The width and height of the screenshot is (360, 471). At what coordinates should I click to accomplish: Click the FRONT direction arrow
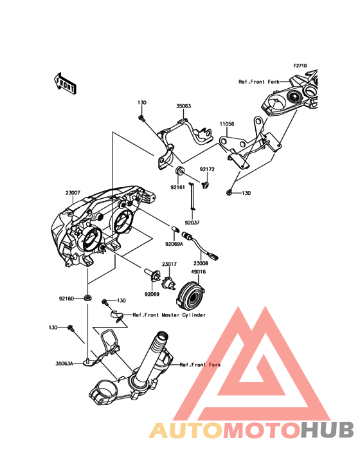[65, 83]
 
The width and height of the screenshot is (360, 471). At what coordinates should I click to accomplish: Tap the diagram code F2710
[300, 66]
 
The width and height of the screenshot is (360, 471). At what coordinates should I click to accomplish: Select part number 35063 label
[184, 106]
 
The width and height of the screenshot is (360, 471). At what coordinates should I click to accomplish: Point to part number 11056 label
[227, 124]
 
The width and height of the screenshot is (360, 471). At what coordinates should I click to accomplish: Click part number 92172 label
[207, 169]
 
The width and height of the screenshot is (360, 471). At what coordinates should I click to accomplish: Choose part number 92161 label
[178, 187]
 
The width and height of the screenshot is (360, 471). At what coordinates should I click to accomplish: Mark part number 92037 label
[192, 223]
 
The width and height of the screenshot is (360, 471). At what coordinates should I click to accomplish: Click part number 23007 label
[73, 192]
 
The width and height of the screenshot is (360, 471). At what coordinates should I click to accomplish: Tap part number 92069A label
[174, 244]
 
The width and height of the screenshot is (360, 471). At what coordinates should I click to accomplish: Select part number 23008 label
[201, 263]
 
